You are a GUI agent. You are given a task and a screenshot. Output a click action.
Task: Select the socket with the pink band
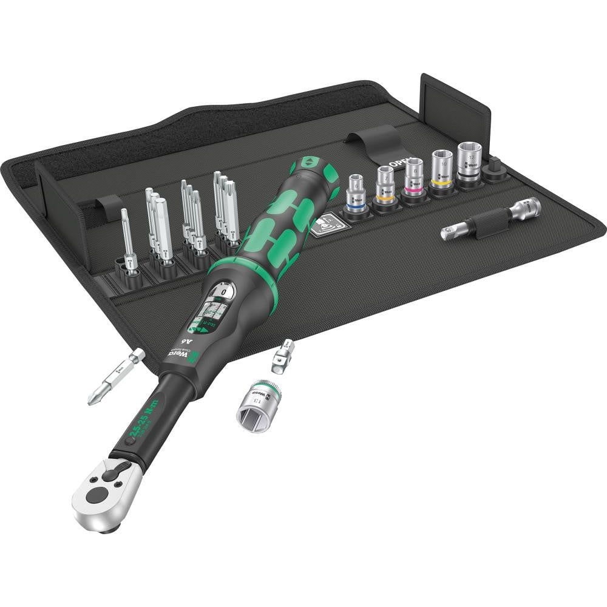(x=414, y=175)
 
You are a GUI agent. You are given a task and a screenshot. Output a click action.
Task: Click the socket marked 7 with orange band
(x=385, y=184)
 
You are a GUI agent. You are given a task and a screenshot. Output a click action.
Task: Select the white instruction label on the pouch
(x=325, y=226)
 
